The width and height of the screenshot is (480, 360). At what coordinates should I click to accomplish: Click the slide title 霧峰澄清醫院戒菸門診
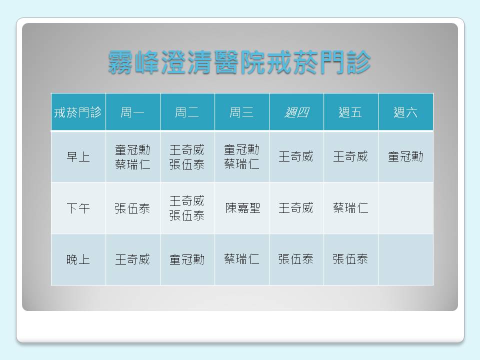[239, 62]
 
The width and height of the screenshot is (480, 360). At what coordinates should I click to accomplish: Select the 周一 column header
[132, 112]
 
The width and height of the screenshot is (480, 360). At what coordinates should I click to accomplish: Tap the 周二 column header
[187, 112]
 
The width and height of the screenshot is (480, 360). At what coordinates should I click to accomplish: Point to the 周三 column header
[241, 112]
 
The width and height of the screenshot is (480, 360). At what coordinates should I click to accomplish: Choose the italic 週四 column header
[296, 112]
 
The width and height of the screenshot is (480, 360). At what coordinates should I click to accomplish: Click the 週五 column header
[350, 112]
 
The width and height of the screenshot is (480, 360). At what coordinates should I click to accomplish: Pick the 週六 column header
[405, 112]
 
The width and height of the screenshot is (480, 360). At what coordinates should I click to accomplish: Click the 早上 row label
[78, 156]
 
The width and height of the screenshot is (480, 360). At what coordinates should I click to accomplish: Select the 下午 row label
[78, 208]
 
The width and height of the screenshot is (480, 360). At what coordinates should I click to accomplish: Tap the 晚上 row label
[78, 259]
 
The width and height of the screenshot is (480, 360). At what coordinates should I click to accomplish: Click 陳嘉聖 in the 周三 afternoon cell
[242, 208]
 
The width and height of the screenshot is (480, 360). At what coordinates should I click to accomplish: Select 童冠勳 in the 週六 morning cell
[405, 156]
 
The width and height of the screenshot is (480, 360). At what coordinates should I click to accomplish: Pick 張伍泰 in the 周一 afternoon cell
[132, 208]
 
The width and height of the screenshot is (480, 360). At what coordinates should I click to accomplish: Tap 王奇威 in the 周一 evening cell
[132, 259]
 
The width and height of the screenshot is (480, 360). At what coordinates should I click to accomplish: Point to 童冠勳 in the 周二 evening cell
[187, 259]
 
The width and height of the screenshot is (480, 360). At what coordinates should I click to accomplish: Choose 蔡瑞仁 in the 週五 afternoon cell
[350, 208]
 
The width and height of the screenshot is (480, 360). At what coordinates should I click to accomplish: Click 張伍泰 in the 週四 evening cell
[296, 259]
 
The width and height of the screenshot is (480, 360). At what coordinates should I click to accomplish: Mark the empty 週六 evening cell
[405, 259]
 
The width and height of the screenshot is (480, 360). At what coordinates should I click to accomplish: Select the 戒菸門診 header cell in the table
[78, 112]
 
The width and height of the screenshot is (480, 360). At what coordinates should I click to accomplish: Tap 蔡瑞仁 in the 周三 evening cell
[241, 259]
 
